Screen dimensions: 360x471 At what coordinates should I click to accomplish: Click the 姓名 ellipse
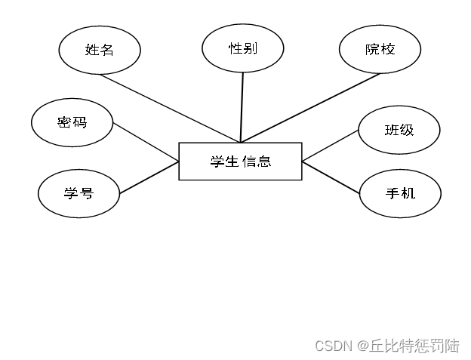point(100,50)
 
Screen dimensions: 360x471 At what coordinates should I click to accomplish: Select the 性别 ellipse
point(243,48)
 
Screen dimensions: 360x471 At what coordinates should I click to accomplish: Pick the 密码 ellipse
point(72,122)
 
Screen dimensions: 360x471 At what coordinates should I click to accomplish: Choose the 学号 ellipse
point(78,192)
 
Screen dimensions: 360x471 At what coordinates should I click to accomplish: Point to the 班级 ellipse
point(399,130)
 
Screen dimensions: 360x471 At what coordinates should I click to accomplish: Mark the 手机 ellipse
point(399,193)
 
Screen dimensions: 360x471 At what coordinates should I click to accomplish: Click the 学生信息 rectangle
point(240,161)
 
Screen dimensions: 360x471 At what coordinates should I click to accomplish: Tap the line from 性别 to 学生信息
point(242,106)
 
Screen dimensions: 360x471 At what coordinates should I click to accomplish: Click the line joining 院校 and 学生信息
point(309,107)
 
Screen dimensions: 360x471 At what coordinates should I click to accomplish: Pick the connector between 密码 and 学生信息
point(146,141)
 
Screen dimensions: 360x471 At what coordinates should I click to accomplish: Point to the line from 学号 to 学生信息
point(149,177)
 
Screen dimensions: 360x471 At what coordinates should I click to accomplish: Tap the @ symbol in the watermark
point(362,346)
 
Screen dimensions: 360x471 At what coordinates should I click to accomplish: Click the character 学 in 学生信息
point(217,161)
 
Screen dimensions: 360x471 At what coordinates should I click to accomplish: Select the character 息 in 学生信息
point(264,161)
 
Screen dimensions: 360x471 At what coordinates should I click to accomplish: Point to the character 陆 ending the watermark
point(451,346)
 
